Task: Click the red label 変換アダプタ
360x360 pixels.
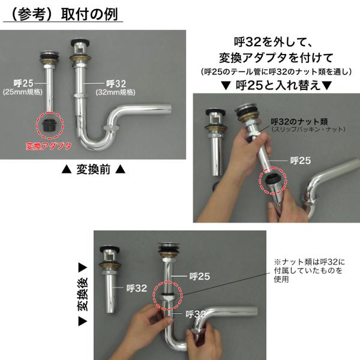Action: tap(49, 146)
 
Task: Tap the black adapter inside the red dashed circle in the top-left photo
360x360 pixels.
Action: tap(50, 125)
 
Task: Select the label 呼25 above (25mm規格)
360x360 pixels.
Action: tap(23, 83)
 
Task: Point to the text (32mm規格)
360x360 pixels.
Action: tap(115, 92)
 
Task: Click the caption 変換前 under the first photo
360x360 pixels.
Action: tap(94, 170)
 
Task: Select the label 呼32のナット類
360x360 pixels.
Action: tap(299, 121)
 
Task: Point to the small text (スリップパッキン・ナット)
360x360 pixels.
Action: tap(308, 129)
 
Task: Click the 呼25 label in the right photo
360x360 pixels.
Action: tap(301, 160)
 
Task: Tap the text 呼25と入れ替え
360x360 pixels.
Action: tap(278, 85)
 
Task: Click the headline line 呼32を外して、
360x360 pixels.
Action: tap(272, 42)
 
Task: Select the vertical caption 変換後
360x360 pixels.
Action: tap(83, 295)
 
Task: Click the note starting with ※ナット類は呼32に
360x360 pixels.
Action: tap(309, 271)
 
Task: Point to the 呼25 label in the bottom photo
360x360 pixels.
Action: tap(200, 277)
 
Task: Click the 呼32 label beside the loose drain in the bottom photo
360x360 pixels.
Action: tap(137, 288)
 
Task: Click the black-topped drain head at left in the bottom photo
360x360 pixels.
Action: tap(110, 250)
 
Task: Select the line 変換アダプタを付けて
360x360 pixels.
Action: tap(276, 58)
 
